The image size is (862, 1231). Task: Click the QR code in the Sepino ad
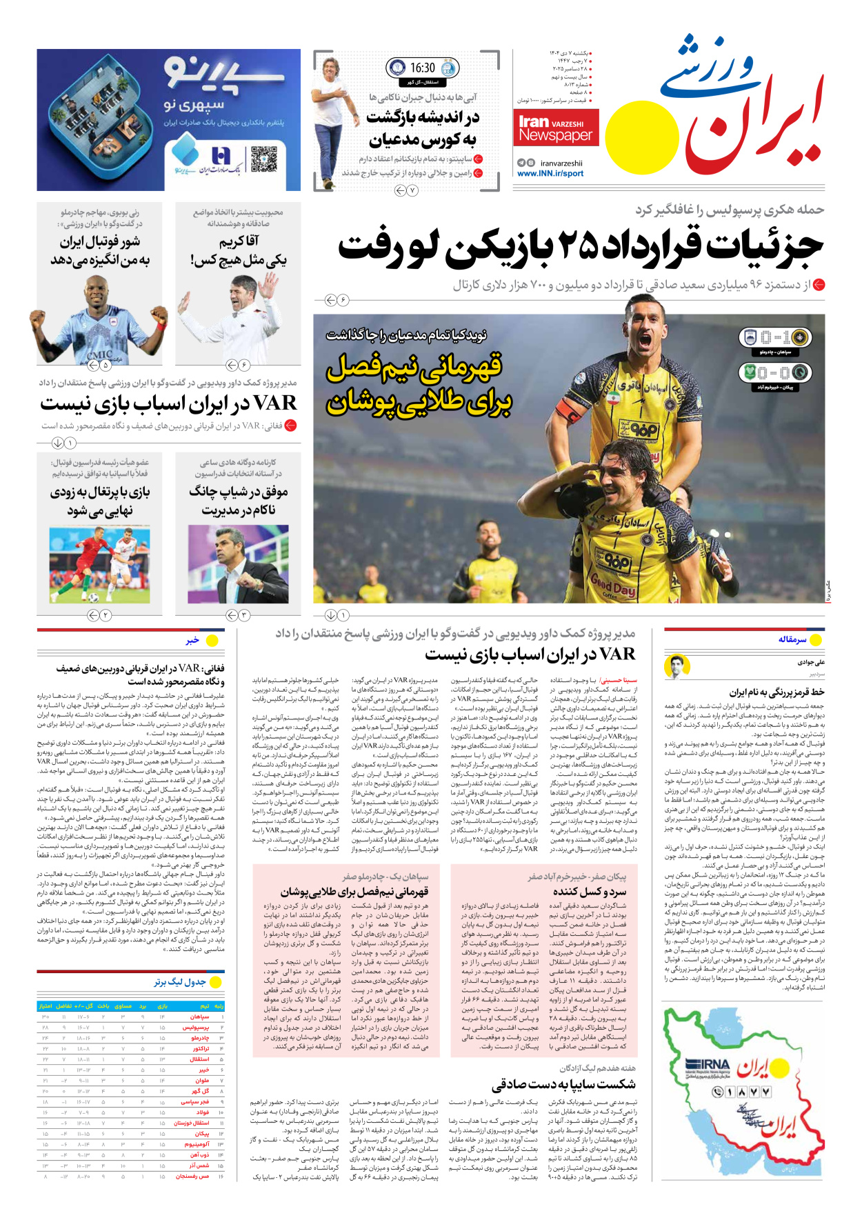point(263,159)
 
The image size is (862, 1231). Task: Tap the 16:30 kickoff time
point(422,68)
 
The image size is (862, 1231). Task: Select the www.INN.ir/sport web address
point(550,174)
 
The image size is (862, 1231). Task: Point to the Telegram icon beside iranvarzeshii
point(521,163)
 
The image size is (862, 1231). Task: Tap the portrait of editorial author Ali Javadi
point(677,667)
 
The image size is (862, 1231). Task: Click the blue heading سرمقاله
point(792,639)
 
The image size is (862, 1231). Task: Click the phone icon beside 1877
point(718,1092)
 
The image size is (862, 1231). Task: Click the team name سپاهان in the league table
point(201,1017)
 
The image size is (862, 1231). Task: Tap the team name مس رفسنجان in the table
point(193,1176)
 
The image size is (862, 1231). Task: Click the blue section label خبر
point(192,641)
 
